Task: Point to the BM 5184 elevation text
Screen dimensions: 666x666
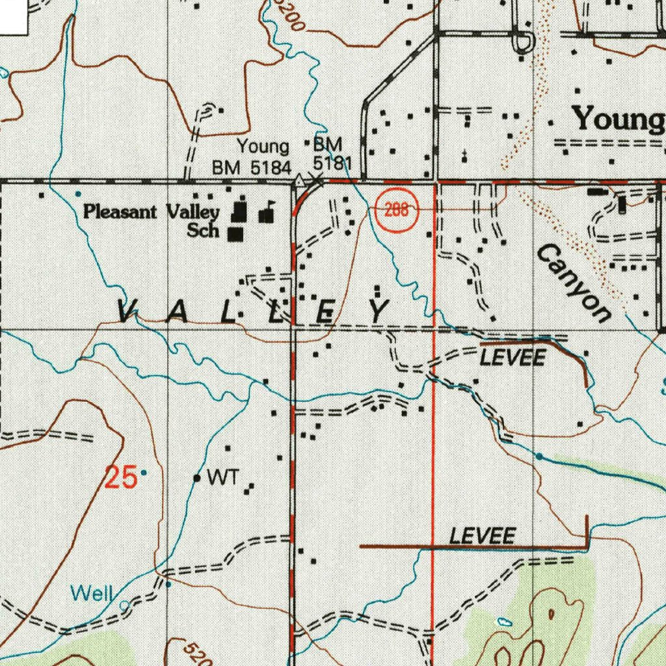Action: (252, 168)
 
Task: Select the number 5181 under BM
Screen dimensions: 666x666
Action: (332, 161)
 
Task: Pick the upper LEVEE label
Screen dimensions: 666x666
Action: (512, 357)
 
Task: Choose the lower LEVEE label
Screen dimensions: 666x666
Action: (483, 536)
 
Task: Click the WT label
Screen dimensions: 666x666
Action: (220, 478)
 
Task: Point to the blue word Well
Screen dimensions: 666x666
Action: (92, 593)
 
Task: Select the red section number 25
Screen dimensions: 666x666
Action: (121, 478)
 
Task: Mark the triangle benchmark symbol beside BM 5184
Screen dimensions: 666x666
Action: (299, 180)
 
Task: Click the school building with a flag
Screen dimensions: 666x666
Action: (266, 213)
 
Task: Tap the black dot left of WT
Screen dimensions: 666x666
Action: (197, 478)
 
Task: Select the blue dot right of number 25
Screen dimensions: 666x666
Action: (144, 472)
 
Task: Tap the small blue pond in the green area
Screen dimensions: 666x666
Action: (505, 621)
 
